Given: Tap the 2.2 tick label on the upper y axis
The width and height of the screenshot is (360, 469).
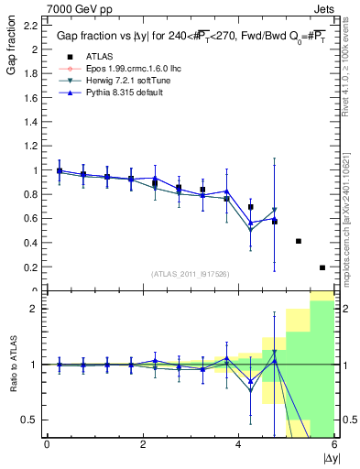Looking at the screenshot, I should click(31, 25).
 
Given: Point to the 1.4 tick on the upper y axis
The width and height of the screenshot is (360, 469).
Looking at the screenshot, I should click(31, 122).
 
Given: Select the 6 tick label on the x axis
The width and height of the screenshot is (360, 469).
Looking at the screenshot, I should click(334, 444).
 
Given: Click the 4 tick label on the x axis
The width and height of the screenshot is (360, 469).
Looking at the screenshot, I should click(238, 444).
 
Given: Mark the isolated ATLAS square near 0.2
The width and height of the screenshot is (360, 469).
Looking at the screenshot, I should click(322, 267).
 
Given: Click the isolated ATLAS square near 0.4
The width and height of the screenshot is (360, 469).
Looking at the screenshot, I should click(299, 241).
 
